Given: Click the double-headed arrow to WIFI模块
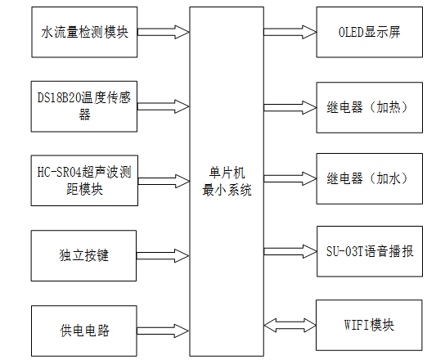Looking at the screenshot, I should pos(290,325).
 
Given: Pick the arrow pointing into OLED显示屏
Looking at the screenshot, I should pos(290,33).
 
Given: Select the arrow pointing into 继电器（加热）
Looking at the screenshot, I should pos(290,106).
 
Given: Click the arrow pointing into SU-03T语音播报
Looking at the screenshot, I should pos(290,250).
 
